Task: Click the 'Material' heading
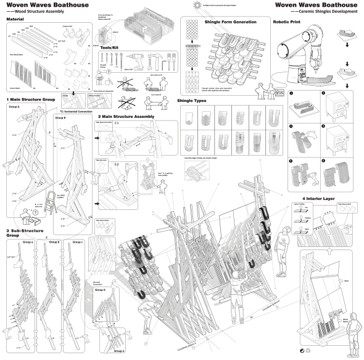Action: click(15, 20)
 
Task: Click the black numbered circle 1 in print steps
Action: click(289, 93)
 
